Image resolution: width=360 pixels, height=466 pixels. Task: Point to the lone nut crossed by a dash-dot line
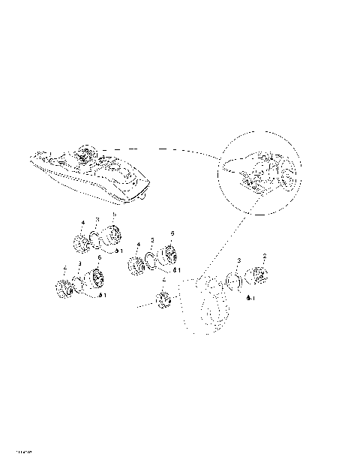pos(163,302)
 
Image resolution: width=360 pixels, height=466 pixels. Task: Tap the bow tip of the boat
pos(30,154)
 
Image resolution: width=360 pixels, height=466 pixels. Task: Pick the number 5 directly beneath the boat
pos(113,216)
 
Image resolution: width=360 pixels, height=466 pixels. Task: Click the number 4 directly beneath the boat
pos(82,221)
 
